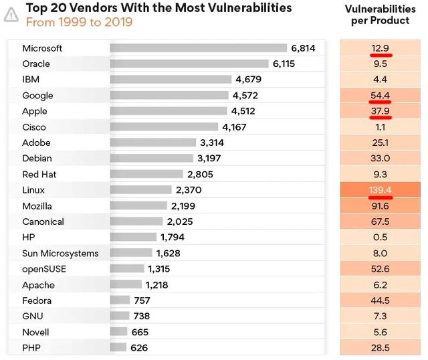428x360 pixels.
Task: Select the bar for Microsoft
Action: [x=198, y=48]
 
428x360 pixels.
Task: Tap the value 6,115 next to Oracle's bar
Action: [x=289, y=64]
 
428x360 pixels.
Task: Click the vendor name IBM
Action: [x=31, y=80]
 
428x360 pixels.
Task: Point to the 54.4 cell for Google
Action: [x=380, y=96]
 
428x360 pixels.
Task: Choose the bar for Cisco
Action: [x=164, y=127]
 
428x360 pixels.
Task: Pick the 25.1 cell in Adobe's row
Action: [x=380, y=143]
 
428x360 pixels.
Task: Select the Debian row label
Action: [x=37, y=159]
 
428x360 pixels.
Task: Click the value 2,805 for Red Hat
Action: [x=200, y=175]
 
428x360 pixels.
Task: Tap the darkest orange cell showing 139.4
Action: [x=380, y=190]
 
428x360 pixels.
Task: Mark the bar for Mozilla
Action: [x=138, y=206]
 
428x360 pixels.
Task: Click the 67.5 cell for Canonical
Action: [x=380, y=221]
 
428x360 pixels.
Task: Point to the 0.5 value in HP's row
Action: [x=380, y=238]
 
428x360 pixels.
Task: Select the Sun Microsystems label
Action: [x=60, y=254]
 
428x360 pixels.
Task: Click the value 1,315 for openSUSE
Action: [x=159, y=269]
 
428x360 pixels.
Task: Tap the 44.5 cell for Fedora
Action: [x=380, y=300]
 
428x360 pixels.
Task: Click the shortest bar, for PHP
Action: [x=118, y=348]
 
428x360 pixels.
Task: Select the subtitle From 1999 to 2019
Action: [x=79, y=22]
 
